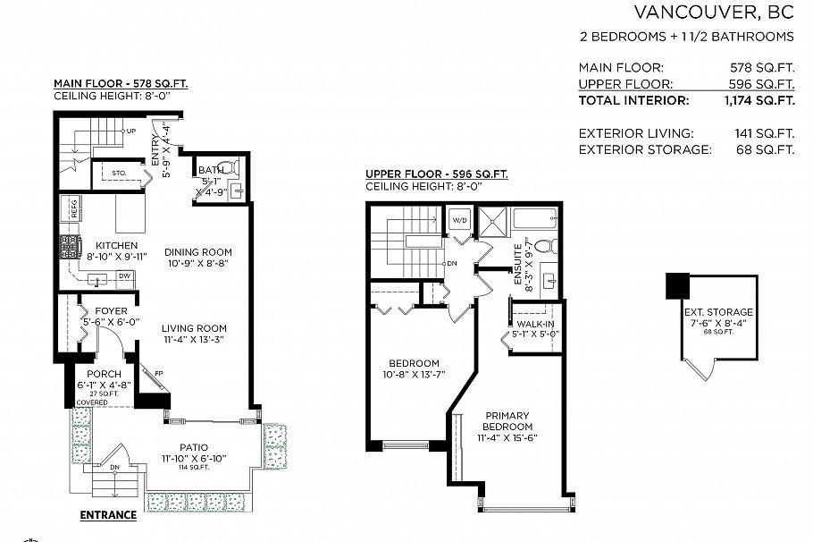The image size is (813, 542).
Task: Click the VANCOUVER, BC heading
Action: tap(714, 13)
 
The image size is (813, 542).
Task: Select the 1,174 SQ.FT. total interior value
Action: tap(759, 101)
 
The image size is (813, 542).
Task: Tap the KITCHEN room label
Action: tap(116, 245)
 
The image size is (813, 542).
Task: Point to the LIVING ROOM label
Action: tap(194, 328)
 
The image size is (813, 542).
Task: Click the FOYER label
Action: tap(99, 311)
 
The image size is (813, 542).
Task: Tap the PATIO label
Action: tap(193, 446)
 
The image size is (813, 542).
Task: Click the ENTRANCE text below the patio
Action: tap(108, 515)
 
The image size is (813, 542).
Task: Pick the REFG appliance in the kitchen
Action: tap(73, 208)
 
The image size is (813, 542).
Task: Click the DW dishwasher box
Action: tap(125, 276)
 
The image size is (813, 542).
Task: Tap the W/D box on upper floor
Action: tap(459, 219)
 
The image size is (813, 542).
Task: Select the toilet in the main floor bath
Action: tap(228, 167)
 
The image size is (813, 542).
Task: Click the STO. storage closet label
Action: tap(119, 173)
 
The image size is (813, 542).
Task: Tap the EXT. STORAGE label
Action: tap(718, 312)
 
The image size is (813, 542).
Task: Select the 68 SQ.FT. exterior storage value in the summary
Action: tap(767, 149)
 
